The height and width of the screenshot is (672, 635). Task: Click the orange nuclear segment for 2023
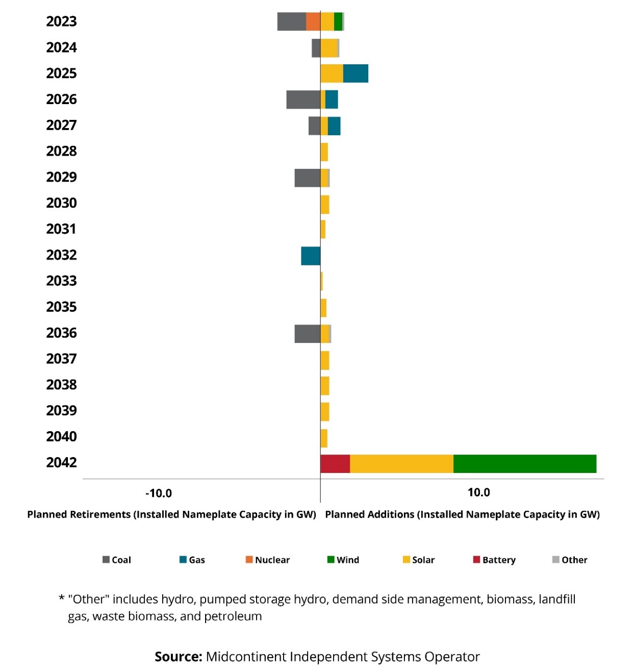click(313, 21)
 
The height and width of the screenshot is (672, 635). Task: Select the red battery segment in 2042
click(335, 463)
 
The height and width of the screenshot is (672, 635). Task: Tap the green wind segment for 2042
click(524, 463)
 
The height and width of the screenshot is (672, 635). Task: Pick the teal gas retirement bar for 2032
click(311, 256)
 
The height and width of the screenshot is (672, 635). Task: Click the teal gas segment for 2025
click(355, 73)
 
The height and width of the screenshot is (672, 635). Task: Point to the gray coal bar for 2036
click(308, 334)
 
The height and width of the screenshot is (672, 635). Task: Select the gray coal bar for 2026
click(303, 99)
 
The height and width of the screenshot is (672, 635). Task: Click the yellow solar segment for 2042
click(401, 463)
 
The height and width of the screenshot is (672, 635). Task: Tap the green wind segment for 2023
click(338, 21)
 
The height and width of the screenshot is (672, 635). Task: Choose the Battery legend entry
click(494, 560)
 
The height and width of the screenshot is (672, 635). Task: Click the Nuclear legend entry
click(268, 560)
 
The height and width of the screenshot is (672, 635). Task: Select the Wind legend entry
click(343, 560)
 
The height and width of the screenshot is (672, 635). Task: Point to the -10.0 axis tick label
click(159, 493)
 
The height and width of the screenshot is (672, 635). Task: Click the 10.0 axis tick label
click(478, 492)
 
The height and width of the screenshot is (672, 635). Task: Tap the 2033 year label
click(61, 281)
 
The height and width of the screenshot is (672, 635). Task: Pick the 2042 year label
click(61, 463)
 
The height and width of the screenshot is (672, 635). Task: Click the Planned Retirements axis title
click(171, 514)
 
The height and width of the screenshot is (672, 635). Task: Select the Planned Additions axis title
click(462, 514)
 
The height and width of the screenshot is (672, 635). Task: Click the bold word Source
click(179, 657)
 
